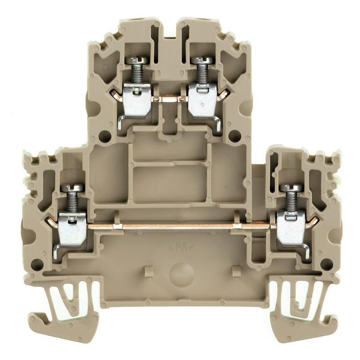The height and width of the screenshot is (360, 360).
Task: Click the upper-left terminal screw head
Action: pos(137,60)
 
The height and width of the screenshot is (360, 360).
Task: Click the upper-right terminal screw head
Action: pos(202,60)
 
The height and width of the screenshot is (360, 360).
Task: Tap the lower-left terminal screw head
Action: pos(72,188)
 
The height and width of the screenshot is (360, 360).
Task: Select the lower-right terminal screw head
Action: pos(291,188)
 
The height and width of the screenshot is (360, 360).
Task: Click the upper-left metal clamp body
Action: pos(137,99)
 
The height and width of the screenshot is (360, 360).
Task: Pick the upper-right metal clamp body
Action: pos(202,100)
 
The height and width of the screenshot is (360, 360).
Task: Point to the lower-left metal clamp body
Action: pos(72,229)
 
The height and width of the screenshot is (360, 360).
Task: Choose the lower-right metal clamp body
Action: pos(291,229)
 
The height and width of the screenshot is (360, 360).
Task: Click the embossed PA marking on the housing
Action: pos(180,247)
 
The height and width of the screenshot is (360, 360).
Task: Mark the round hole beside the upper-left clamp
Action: pos(105,135)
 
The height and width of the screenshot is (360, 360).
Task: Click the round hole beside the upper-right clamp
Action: pos(234,135)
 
